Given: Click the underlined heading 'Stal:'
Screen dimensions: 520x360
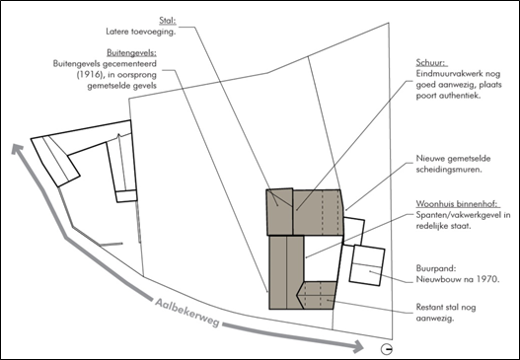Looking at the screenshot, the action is coord(168,21).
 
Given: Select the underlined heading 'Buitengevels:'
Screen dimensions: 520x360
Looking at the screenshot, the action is coord(131,52).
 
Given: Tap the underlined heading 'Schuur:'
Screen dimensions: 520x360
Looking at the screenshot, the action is coord(432,63).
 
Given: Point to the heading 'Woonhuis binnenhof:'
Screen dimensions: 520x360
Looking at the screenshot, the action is coord(458,203).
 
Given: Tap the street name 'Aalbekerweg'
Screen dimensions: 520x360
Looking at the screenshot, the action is coord(187,313).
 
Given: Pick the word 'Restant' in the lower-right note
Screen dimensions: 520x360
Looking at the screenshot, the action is coord(429,307).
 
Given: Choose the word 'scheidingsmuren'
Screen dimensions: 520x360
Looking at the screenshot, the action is coord(448,170).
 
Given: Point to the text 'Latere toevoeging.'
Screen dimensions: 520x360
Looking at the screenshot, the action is coord(141,32).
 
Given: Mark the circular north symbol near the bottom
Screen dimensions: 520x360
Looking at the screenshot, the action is coord(387,349).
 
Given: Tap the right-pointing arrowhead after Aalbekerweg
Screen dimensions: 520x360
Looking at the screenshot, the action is coord(358,347).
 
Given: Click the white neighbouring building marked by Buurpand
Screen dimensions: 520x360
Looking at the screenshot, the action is coord(367,265).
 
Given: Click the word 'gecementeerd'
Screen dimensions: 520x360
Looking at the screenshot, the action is coord(130,64).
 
